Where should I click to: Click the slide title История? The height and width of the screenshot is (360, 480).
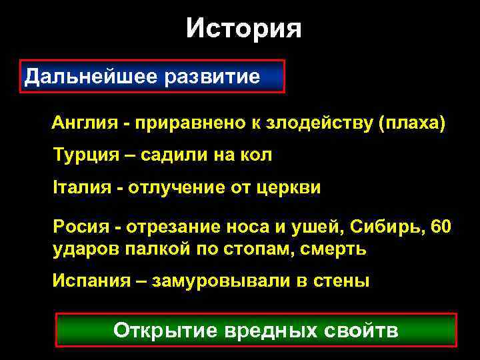[243, 29]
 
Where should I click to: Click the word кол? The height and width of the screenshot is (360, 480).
[257, 156]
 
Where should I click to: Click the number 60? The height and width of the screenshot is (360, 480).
[441, 227]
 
